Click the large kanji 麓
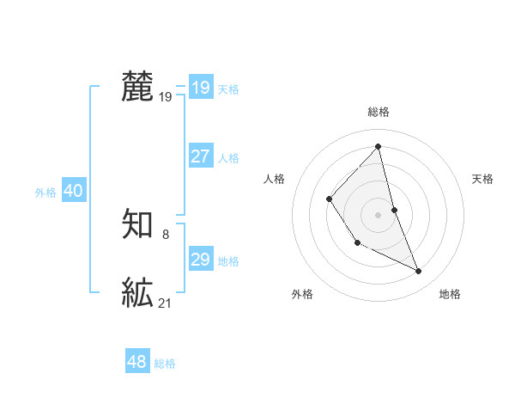137,88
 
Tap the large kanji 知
137,224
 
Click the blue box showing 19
201,88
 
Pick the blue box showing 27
201,156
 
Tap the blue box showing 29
201,259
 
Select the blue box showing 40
73,191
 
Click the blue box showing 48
136,361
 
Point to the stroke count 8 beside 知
166,234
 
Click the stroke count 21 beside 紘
166,303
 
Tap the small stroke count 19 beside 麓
166,98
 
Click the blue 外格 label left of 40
45,193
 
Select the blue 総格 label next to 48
165,364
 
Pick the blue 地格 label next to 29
228,261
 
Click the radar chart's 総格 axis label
378,112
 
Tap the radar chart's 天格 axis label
482,179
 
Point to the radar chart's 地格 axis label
450,294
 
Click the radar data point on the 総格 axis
378,147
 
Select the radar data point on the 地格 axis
419,272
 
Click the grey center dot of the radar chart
378,213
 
